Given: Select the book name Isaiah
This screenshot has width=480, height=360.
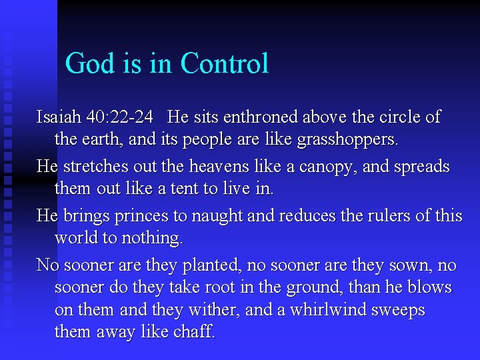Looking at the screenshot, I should click(x=58, y=117).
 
